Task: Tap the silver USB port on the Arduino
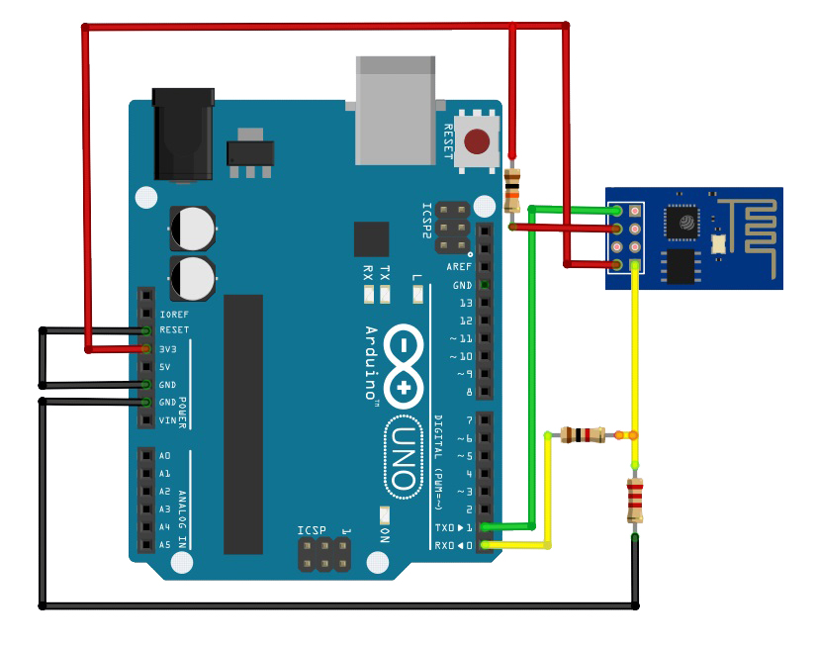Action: click(x=395, y=110)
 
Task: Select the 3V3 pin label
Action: click(x=168, y=348)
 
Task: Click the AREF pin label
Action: click(x=459, y=267)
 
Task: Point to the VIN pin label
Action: click(x=168, y=420)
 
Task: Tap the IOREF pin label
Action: click(x=173, y=313)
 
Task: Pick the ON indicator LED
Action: click(x=384, y=515)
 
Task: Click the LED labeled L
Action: click(x=416, y=294)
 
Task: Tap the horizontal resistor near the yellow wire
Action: click(x=583, y=434)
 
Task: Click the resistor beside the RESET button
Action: click(x=512, y=190)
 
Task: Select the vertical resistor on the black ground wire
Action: click(x=635, y=501)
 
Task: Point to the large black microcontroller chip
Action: click(x=243, y=423)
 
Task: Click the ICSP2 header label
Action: click(x=427, y=221)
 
